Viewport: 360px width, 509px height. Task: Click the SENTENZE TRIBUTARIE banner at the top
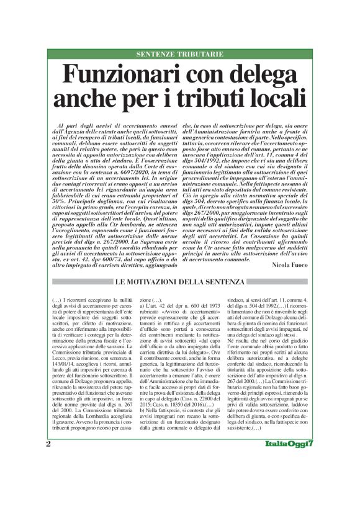(179, 54)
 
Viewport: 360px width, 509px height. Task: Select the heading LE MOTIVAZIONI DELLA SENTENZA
(179, 266)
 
